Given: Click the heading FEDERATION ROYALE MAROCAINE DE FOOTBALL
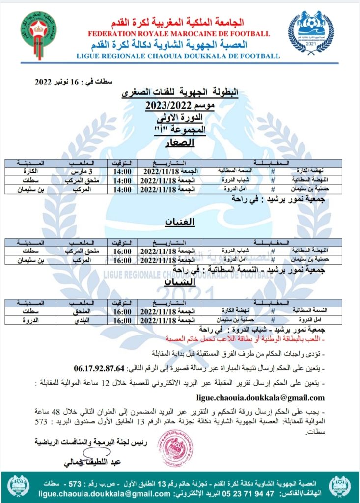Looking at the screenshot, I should pos(179,34).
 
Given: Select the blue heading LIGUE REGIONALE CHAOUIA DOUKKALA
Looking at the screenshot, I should pos(178,56).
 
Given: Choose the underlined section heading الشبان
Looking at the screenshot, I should pos(180,283).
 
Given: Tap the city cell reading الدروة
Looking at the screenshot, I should pos(28,320).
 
